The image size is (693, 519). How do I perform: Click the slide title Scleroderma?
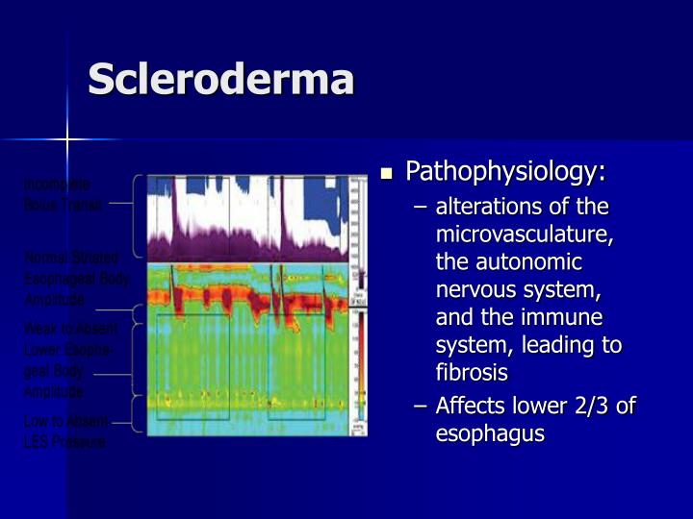[x=220, y=80]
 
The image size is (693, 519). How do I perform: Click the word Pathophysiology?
[x=505, y=172]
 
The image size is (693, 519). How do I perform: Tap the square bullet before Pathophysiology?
[x=387, y=175]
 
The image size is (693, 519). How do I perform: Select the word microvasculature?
[x=525, y=235]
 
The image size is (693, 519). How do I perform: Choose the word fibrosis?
[x=472, y=372]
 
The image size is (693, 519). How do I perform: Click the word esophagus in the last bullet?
[x=490, y=433]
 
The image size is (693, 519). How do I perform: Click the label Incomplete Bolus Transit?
[x=61, y=193]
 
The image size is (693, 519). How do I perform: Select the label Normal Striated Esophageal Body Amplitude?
[x=72, y=278]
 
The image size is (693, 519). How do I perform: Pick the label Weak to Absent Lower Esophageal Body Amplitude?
[x=67, y=359]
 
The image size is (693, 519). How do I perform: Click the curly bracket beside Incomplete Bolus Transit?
[x=137, y=217]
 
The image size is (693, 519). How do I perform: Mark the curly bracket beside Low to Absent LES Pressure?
[x=136, y=420]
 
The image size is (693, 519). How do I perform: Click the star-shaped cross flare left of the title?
[x=67, y=140]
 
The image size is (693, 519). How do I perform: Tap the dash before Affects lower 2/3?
[x=421, y=407]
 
